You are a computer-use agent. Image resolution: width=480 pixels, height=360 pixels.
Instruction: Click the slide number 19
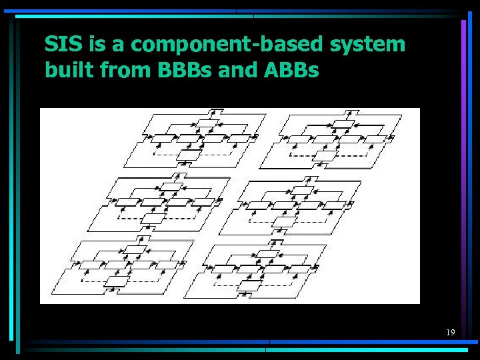(x=451, y=332)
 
